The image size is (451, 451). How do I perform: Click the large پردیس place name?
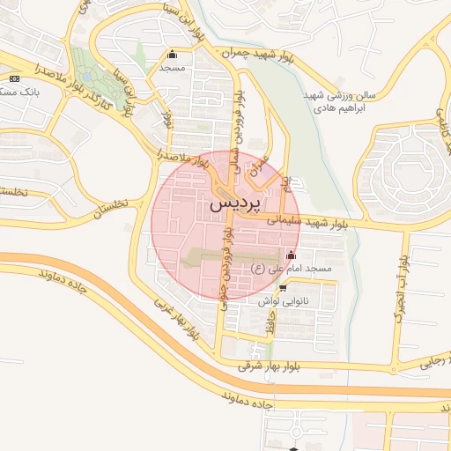[235, 203]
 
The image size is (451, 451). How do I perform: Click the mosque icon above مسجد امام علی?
[292, 255]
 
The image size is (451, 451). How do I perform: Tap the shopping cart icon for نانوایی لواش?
[282, 287]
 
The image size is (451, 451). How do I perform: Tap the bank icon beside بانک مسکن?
[12, 78]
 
